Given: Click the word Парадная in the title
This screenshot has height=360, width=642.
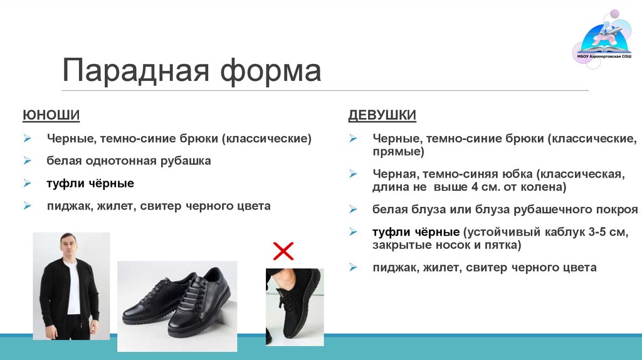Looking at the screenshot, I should point(134,70).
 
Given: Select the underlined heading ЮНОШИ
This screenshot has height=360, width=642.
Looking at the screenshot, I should point(51,115).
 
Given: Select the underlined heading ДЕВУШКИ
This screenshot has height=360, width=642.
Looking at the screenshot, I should point(382,115).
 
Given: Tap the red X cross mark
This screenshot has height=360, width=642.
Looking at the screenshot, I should point(283,251).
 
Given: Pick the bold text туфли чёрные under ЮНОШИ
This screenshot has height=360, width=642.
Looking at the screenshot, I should point(90,183).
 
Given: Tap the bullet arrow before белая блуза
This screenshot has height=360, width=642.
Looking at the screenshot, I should point(354,209).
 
